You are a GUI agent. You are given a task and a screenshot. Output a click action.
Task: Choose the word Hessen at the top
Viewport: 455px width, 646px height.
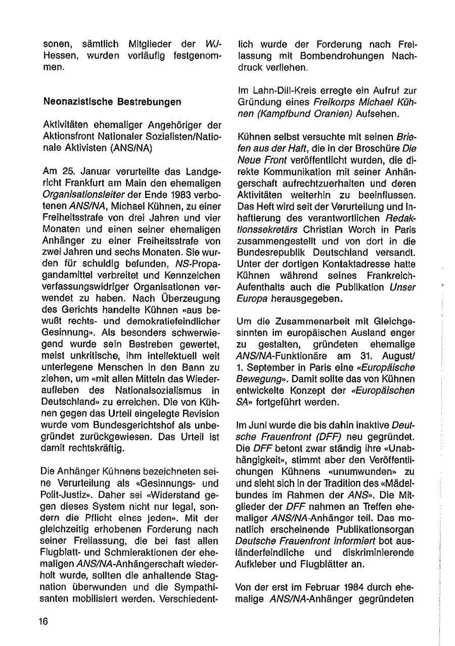58,56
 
